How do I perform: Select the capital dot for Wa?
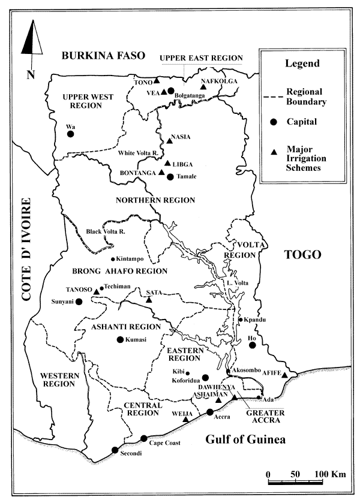pyautogui.click(x=70, y=134)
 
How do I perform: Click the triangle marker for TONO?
pyautogui.click(x=156, y=80)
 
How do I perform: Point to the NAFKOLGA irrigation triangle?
pyautogui.click(x=203, y=88)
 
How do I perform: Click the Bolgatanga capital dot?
pyautogui.click(x=171, y=91)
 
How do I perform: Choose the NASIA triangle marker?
pyautogui.click(x=169, y=141)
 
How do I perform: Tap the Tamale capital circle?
pyautogui.click(x=170, y=176)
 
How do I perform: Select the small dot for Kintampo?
pyautogui.click(x=113, y=259)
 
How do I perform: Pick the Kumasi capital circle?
pyautogui.click(x=119, y=339)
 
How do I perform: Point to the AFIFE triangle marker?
pyautogui.click(x=285, y=375)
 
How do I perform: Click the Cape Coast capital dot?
pyautogui.click(x=143, y=438)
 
